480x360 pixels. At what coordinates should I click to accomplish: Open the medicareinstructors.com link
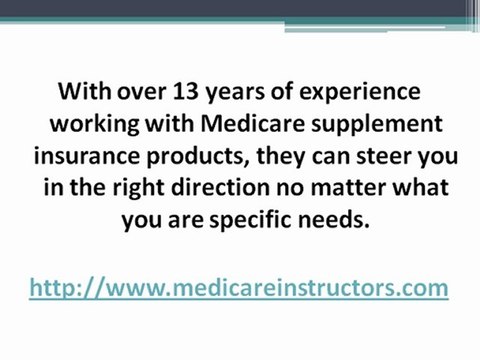pyautogui.click(x=237, y=289)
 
